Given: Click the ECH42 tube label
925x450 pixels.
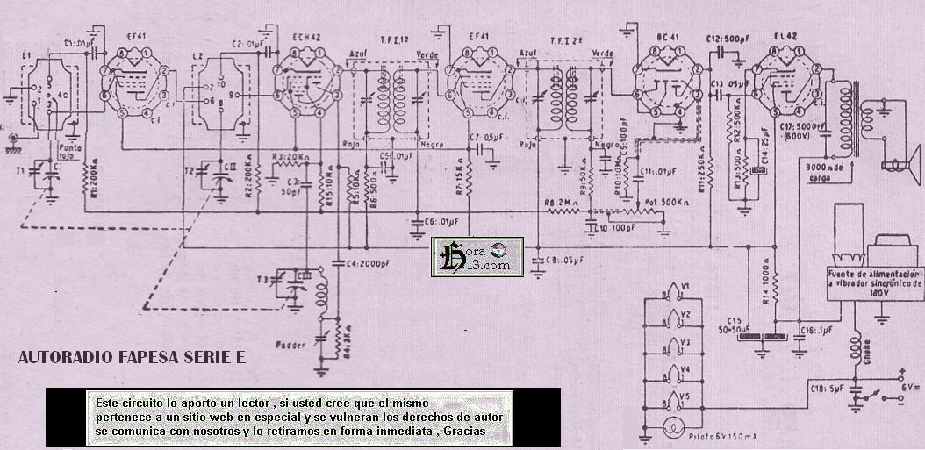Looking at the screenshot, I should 307,39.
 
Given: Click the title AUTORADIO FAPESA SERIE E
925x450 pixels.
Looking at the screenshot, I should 133,358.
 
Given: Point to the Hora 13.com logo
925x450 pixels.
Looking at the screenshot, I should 477,256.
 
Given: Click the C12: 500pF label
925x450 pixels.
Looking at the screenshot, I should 725,39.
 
